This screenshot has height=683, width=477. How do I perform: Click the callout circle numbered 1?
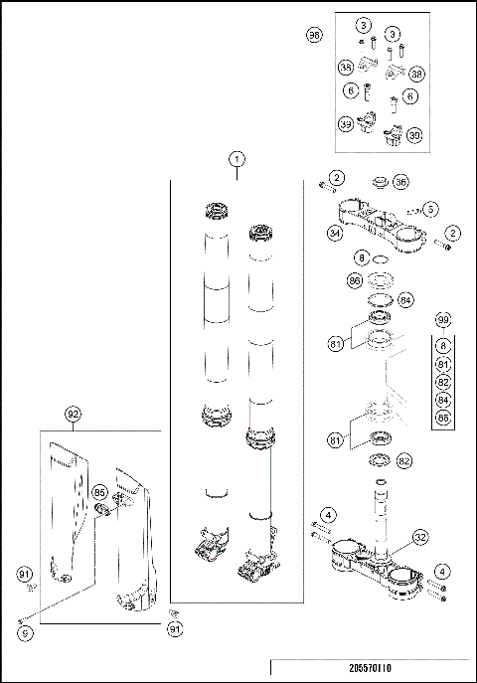click(237, 159)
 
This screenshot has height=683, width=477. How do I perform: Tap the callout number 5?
click(430, 210)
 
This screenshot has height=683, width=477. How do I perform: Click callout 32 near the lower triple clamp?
click(420, 538)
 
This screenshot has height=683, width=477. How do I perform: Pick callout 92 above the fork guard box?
click(73, 413)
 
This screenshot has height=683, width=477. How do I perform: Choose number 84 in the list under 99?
click(443, 401)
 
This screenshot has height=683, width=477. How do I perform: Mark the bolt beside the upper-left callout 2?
click(324, 185)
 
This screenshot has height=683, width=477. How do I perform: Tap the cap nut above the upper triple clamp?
click(378, 185)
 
